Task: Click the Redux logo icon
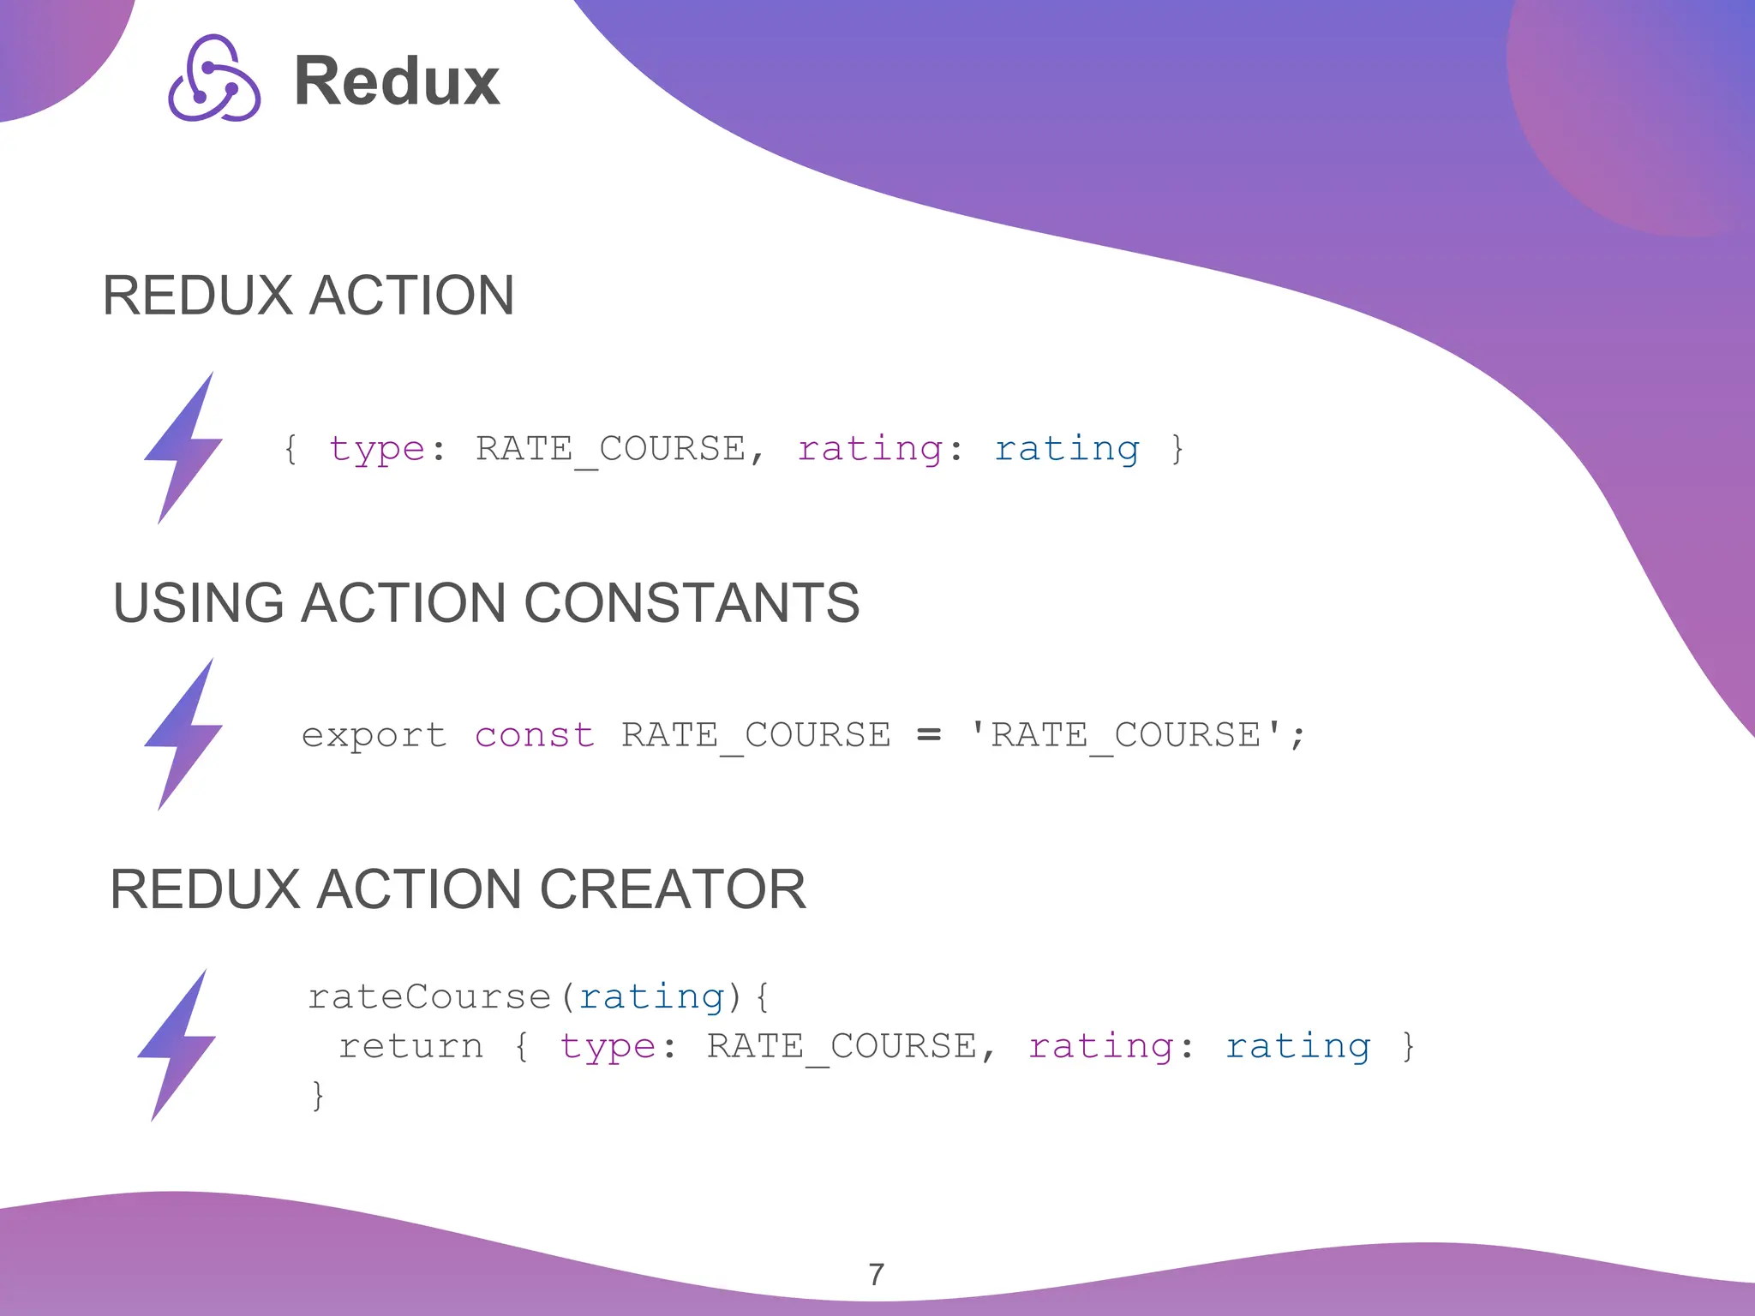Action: point(214,79)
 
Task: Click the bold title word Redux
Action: point(397,81)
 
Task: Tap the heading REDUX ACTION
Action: point(308,296)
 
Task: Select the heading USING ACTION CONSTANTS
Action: point(486,602)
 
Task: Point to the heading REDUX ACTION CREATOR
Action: point(458,888)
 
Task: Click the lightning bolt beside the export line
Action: point(183,734)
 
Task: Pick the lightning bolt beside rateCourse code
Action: point(177,1044)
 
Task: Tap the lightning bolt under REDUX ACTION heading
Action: point(183,447)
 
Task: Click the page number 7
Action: point(876,1274)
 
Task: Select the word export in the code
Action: point(374,736)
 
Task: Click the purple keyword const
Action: point(534,736)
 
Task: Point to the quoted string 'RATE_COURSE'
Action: point(1125,735)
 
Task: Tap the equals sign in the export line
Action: point(929,735)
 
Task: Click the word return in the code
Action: point(410,1047)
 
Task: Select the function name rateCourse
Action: point(428,997)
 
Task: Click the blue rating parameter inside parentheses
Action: point(651,997)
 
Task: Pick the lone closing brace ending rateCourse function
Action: point(318,1096)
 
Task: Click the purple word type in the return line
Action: point(608,1047)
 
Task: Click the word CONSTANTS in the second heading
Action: point(691,602)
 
